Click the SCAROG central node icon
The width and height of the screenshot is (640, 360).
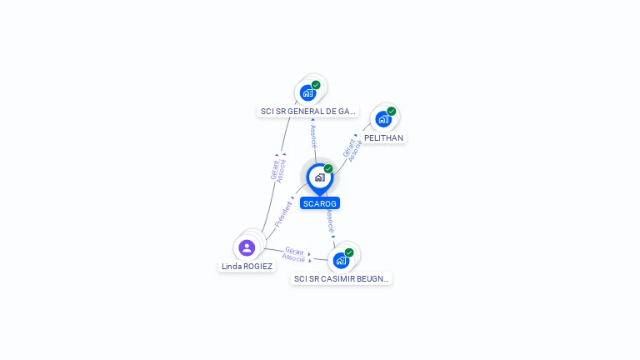click(319, 177)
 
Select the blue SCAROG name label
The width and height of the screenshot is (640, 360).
click(320, 203)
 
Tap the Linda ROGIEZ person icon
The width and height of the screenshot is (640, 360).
click(247, 247)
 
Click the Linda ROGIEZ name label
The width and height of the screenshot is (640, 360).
click(247, 267)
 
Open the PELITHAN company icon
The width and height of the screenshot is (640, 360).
click(382, 119)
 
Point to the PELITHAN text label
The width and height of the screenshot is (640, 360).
click(383, 137)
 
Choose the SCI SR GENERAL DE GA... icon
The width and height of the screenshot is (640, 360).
click(307, 92)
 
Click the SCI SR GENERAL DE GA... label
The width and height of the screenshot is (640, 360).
click(307, 111)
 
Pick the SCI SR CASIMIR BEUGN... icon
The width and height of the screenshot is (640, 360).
click(341, 261)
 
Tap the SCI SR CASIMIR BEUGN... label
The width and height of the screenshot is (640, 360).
click(341, 279)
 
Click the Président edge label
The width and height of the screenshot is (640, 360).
click(283, 214)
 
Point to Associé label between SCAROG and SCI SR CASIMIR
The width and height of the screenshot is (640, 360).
click(331, 222)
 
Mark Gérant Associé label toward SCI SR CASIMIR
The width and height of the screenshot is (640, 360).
click(294, 254)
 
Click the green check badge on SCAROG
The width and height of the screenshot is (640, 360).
click(328, 169)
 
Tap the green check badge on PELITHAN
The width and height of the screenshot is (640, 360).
click(392, 111)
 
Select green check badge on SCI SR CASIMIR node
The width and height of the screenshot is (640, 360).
click(349, 252)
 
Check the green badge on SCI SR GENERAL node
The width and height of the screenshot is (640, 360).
click(316, 85)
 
